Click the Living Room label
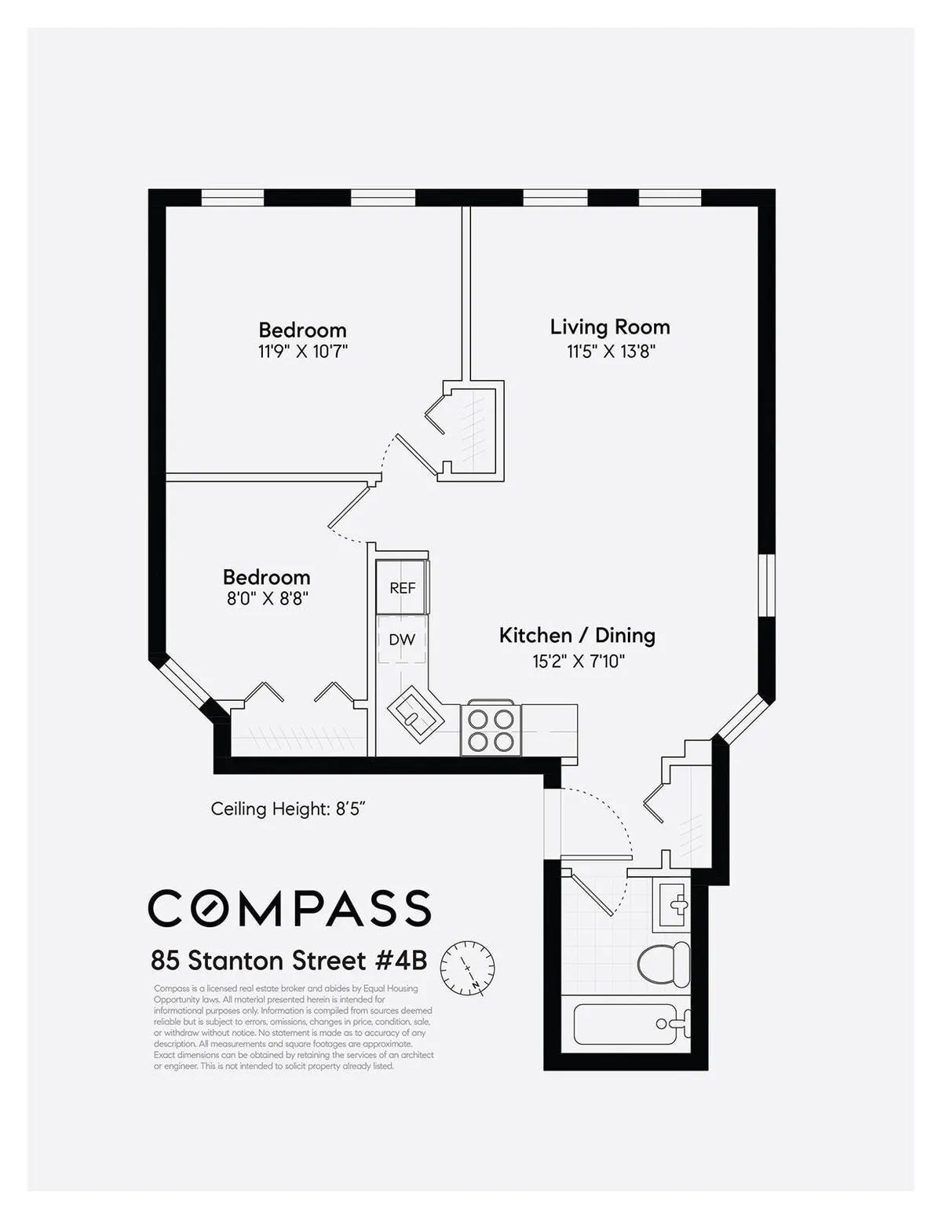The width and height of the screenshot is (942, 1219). click(609, 327)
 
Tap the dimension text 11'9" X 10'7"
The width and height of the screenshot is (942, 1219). click(302, 351)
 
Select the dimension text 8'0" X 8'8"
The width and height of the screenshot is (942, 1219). click(267, 598)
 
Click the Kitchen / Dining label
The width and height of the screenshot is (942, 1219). click(577, 635)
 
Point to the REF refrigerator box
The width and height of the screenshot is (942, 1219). click(402, 587)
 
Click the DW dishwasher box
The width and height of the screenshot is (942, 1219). click(401, 640)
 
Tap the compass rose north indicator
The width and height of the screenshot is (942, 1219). click(467, 967)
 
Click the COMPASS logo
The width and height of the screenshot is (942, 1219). click(290, 908)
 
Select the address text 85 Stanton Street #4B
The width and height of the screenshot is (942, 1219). click(289, 961)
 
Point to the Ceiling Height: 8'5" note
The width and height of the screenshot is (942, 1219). click(288, 808)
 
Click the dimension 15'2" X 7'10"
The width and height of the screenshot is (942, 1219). click(579, 661)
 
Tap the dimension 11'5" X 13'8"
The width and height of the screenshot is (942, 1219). click(611, 351)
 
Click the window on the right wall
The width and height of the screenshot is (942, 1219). click(766, 586)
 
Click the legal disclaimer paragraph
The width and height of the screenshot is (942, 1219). click(293, 1027)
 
